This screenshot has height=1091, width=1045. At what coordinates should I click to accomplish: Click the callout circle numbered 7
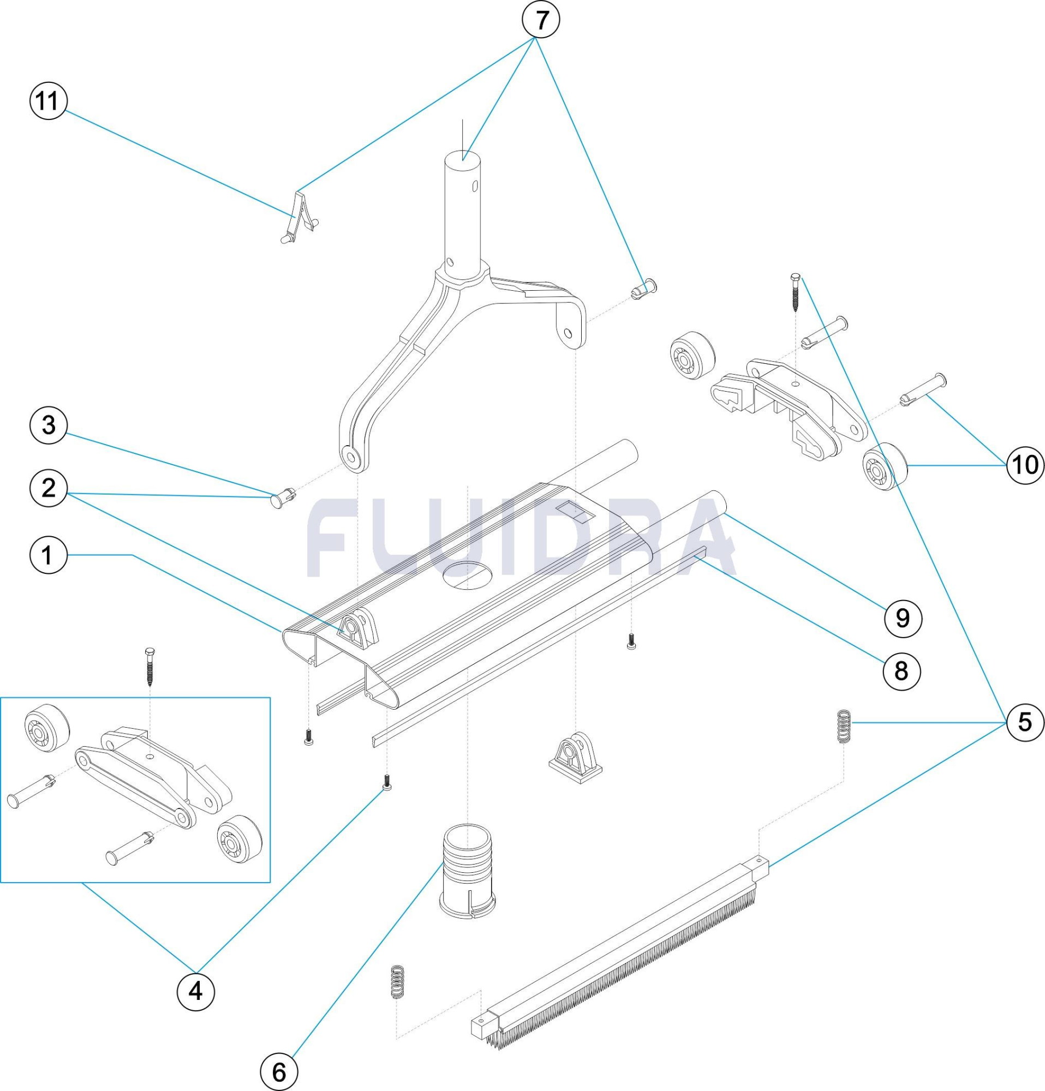pyautogui.click(x=540, y=20)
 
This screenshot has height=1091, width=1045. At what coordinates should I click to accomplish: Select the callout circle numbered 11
pyautogui.click(x=48, y=101)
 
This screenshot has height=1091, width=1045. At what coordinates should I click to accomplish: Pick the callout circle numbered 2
pyautogui.click(x=49, y=488)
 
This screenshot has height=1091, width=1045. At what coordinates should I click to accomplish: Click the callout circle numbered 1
pyautogui.click(x=49, y=555)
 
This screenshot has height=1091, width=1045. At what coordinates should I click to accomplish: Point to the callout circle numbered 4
pyautogui.click(x=196, y=991)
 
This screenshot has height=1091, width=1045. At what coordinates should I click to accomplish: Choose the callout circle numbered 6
pyautogui.click(x=279, y=1071)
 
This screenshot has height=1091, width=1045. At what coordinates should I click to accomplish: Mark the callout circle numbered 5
pyautogui.click(x=1024, y=722)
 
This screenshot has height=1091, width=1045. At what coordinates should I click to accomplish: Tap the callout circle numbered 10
pyautogui.click(x=1025, y=464)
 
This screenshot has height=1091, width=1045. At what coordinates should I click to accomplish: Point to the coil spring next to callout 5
pyautogui.click(x=845, y=726)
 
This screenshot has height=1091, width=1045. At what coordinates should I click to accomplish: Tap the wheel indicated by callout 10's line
pyautogui.click(x=885, y=466)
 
